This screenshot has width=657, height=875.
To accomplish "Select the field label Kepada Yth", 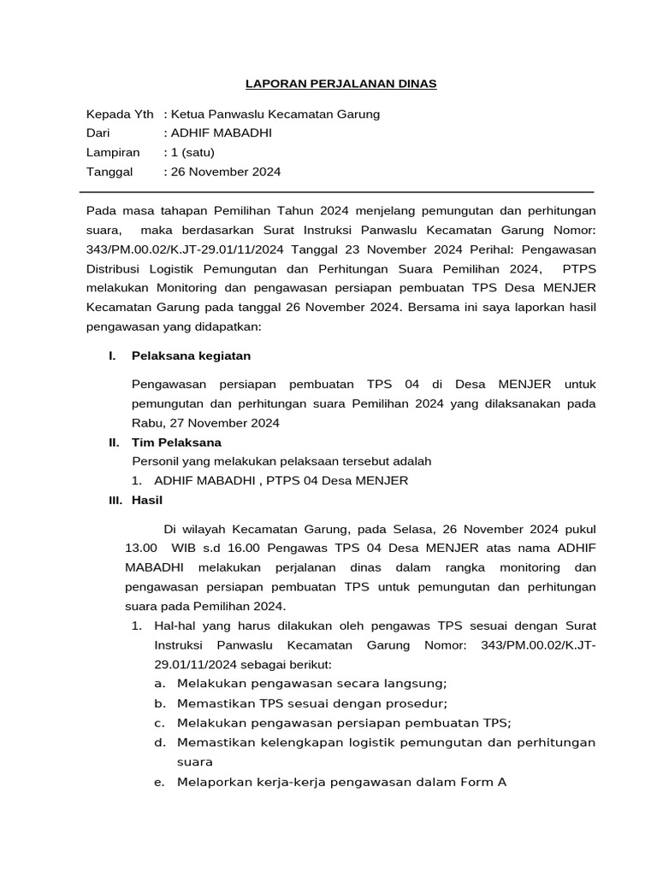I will [120, 115].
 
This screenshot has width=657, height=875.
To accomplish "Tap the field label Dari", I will [99, 133].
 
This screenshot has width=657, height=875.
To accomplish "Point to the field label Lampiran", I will [113, 152].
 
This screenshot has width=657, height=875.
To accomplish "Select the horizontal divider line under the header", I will [340, 192].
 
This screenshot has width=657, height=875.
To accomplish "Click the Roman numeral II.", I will [113, 443].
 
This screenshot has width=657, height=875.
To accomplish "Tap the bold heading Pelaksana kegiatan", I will [191, 355].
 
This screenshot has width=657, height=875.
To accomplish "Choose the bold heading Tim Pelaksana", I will [176, 443].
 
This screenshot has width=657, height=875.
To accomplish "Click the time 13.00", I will [141, 548].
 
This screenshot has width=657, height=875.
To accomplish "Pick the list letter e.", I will [159, 782].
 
